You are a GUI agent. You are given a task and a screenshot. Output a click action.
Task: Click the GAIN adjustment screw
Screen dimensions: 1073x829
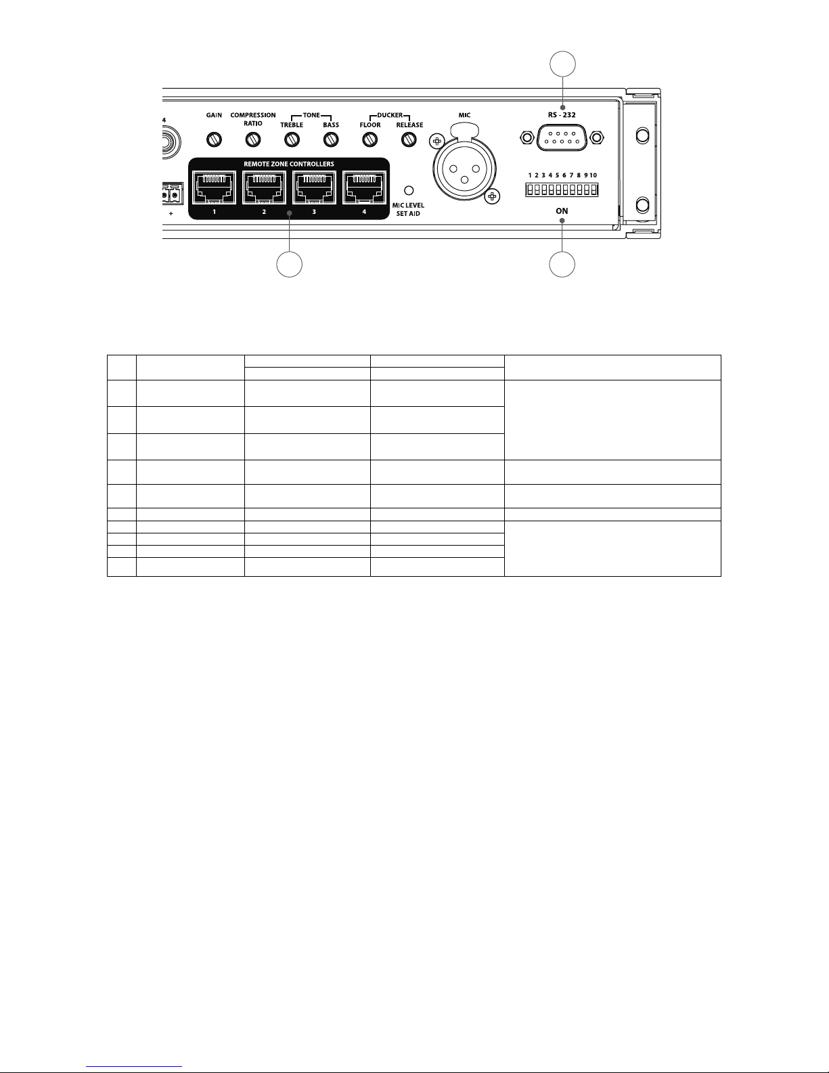pos(215,139)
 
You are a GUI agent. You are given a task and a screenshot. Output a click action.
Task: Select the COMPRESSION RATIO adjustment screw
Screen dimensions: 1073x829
pos(253,139)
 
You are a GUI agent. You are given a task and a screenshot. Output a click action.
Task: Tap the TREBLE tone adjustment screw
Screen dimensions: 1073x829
pos(292,139)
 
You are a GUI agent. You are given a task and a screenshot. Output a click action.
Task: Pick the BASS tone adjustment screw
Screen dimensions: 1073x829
pos(330,139)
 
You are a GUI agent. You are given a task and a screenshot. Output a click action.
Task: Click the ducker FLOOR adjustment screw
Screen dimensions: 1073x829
pos(369,139)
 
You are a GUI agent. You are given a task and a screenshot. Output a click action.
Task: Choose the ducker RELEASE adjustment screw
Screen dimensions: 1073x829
pos(408,139)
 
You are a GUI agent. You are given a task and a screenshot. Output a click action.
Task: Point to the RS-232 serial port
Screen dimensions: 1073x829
pos(561,139)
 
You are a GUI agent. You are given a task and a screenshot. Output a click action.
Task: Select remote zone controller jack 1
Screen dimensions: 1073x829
pos(214,187)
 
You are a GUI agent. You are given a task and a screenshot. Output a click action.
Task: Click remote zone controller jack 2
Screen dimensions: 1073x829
pos(264,187)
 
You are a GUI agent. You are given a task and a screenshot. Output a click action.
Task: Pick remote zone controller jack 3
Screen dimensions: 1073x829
pos(314,187)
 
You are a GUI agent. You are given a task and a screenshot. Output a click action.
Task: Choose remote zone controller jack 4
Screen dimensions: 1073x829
pos(364,187)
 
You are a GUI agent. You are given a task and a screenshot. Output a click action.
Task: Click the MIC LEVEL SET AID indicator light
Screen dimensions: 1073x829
pos(408,190)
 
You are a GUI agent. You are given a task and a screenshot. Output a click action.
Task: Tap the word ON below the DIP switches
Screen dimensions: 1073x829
pos(562,211)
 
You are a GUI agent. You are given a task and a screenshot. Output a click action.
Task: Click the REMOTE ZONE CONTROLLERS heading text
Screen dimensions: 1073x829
pos(289,165)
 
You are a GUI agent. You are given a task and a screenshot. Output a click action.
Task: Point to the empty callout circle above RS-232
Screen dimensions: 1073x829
pos(562,66)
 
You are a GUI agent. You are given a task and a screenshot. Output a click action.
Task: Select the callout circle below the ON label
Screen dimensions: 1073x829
pos(562,264)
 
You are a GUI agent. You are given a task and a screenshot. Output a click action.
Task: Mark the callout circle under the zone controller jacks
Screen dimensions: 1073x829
pos(289,264)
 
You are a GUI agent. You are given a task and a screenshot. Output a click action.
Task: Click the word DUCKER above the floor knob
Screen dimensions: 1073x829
pos(389,116)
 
